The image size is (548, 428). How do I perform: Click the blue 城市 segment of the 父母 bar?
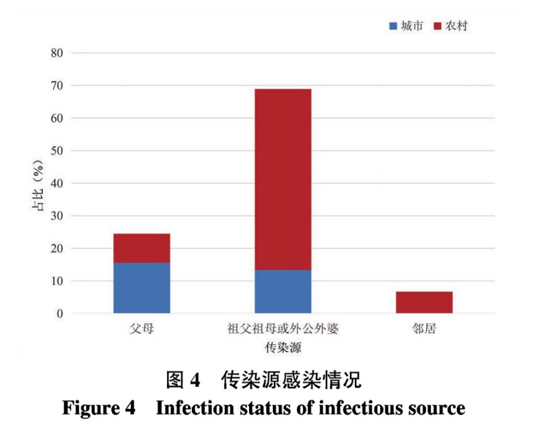[142, 288]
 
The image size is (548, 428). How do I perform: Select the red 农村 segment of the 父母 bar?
[142, 248]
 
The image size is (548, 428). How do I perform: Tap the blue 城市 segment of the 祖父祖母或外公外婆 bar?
[283, 292]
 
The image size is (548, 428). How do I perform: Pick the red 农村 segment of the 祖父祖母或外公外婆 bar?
[283, 179]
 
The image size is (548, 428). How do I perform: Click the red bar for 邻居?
[424, 303]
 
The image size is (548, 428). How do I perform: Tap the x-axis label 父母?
[142, 330]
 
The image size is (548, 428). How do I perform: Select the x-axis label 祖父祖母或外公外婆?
[283, 330]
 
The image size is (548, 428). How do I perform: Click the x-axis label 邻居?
[423, 330]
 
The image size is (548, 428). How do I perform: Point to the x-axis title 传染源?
[283, 348]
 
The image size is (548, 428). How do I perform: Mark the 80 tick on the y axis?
[57, 53]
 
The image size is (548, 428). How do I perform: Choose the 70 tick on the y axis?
[57, 86]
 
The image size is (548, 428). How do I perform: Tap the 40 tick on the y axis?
[57, 184]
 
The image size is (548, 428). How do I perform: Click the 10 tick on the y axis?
[57, 281]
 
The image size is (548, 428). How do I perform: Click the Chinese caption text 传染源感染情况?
[291, 380]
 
